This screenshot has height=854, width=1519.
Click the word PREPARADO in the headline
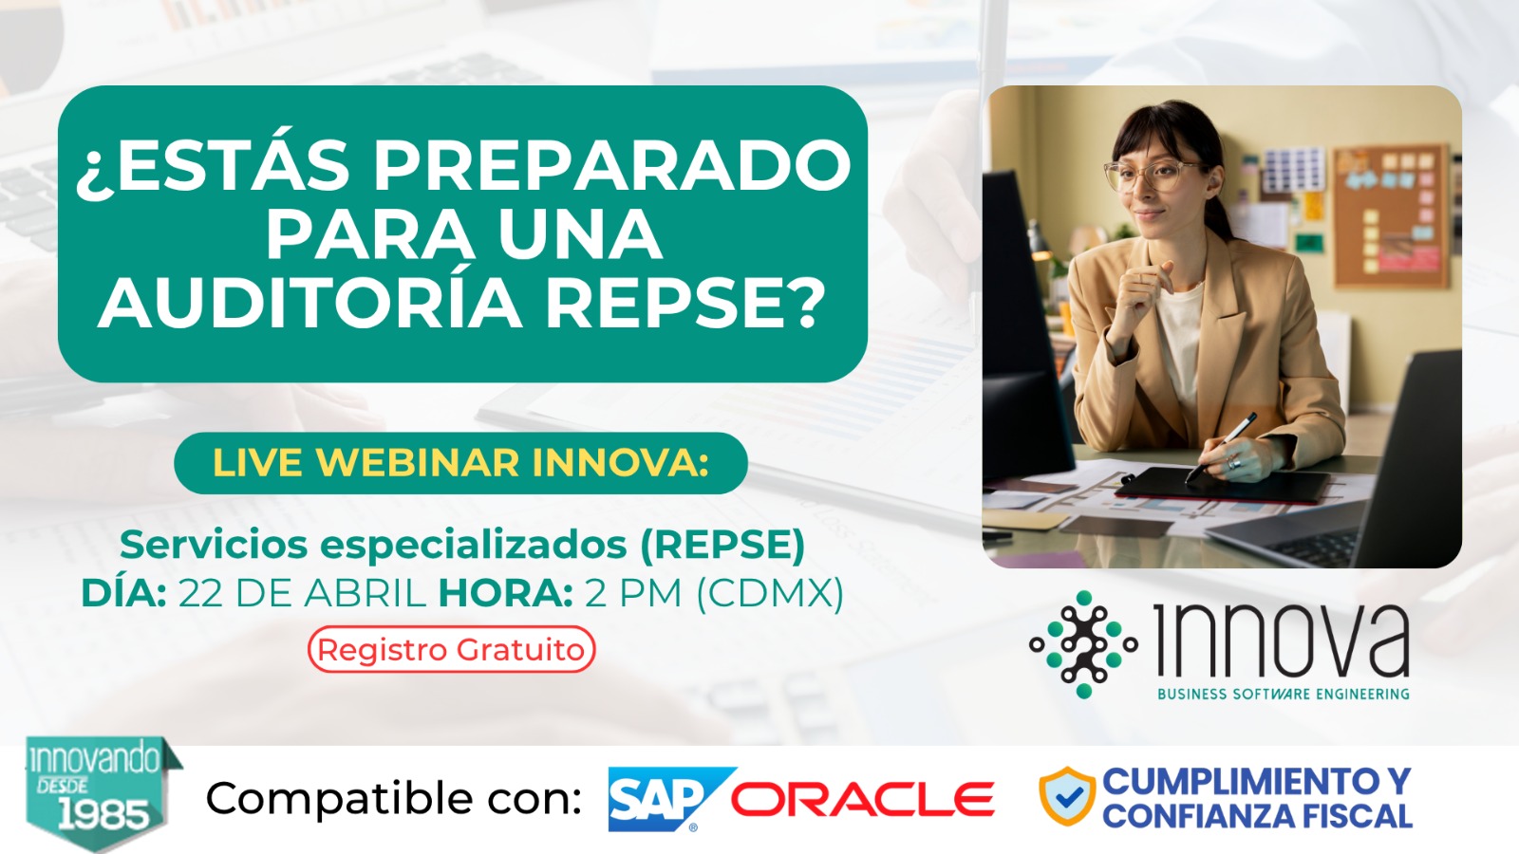[611, 165]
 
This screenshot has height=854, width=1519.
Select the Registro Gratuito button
[452, 649]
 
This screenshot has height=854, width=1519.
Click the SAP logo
[671, 799]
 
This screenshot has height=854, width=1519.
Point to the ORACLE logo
[862, 800]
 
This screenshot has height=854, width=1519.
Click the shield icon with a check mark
[1067, 796]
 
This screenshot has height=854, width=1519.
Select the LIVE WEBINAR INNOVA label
[461, 463]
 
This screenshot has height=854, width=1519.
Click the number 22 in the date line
[200, 594]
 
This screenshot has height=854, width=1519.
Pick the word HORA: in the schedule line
[506, 594]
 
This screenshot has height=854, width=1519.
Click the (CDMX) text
[770, 594]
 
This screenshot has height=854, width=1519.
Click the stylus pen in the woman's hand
[1221, 445]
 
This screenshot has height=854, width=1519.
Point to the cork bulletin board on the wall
[1391, 215]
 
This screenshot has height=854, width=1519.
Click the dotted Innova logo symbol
[1083, 644]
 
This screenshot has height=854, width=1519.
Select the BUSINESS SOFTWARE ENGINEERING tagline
[1283, 694]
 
